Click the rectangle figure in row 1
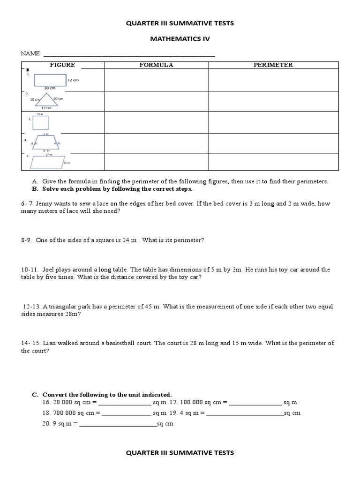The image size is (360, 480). tap(49, 80)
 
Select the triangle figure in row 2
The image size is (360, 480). tap(46, 100)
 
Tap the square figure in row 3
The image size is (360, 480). tap(41, 122)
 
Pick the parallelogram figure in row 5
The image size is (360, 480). tap(46, 162)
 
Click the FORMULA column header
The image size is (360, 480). tap(156, 65)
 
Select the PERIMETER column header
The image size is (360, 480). tap(273, 65)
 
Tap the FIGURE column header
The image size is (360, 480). tap(62, 65)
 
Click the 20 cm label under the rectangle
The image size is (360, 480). tap(50, 88)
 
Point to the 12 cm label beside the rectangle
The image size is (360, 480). tap(73, 80)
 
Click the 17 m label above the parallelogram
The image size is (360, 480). tap(48, 155)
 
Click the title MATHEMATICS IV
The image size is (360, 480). tap(180, 39)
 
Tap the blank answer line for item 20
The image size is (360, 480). tap(118, 424)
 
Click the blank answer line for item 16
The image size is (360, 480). tap(125, 403)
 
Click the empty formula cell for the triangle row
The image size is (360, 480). tap(156, 101)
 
